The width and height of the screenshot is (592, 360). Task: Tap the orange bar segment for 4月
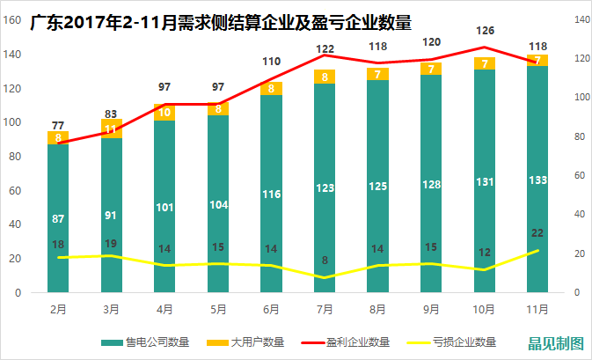[164, 112]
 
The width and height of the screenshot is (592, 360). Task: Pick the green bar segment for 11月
[537, 180]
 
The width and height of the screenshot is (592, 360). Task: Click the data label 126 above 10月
[485, 30]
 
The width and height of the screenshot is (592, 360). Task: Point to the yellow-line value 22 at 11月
[538, 232]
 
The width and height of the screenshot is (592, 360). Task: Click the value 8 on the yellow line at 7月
[325, 260]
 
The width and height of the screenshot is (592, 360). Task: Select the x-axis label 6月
[271, 309]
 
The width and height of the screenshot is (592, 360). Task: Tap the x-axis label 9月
[431, 309]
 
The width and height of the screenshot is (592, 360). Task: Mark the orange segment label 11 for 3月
[111, 129]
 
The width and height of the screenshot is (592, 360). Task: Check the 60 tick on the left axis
[16, 191]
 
